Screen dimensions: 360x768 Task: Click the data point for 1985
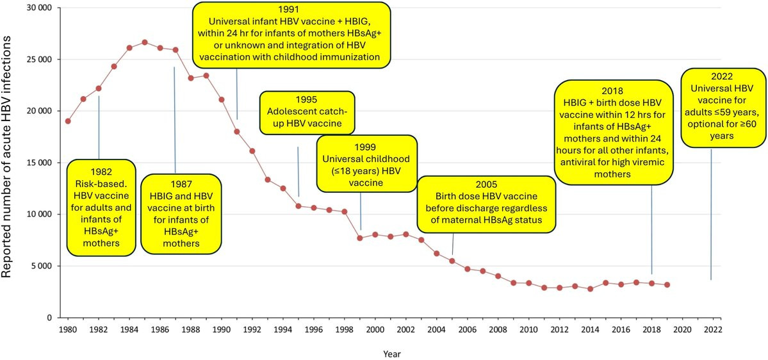coord(145,42)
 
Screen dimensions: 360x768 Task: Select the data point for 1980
coord(68,121)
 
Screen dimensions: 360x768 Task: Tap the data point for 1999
coord(360,238)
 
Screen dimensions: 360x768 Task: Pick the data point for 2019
coord(667,284)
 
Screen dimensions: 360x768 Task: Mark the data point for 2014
coord(590,289)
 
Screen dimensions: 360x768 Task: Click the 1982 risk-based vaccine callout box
coord(101,208)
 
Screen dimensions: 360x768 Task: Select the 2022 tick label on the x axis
coord(713,330)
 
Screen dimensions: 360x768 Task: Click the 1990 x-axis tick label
coord(222,330)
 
